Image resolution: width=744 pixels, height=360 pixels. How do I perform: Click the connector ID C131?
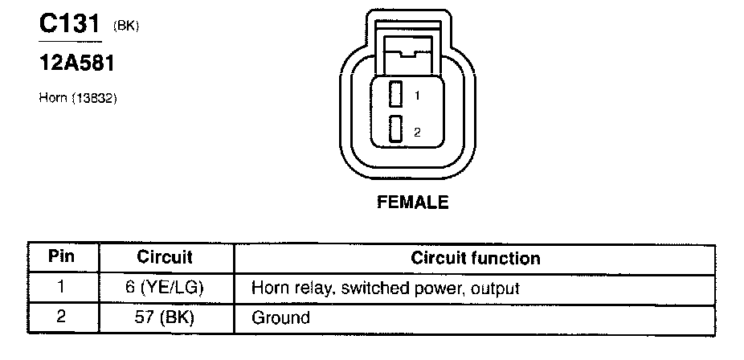click(x=70, y=25)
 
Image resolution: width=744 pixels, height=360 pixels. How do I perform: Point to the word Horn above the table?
click(x=52, y=99)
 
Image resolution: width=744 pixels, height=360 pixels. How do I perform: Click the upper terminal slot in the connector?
click(x=394, y=95)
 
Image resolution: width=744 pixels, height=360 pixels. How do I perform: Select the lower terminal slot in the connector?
click(x=394, y=129)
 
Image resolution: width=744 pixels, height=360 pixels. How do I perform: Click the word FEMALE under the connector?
click(x=412, y=202)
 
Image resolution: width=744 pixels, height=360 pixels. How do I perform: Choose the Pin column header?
click(x=62, y=258)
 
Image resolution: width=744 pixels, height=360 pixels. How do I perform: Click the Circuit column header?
click(x=165, y=258)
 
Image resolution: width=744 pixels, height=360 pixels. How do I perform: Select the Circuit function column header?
click(x=476, y=258)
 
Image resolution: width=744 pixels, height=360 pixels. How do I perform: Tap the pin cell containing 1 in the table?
click(x=62, y=287)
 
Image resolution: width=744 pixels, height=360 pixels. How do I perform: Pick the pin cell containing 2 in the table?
click(x=62, y=317)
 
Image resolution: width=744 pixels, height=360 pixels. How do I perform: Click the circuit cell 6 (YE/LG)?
click(x=165, y=287)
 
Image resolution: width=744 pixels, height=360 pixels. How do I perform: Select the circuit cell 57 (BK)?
click(x=165, y=317)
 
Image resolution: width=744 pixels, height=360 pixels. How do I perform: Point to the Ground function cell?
click(x=280, y=317)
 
